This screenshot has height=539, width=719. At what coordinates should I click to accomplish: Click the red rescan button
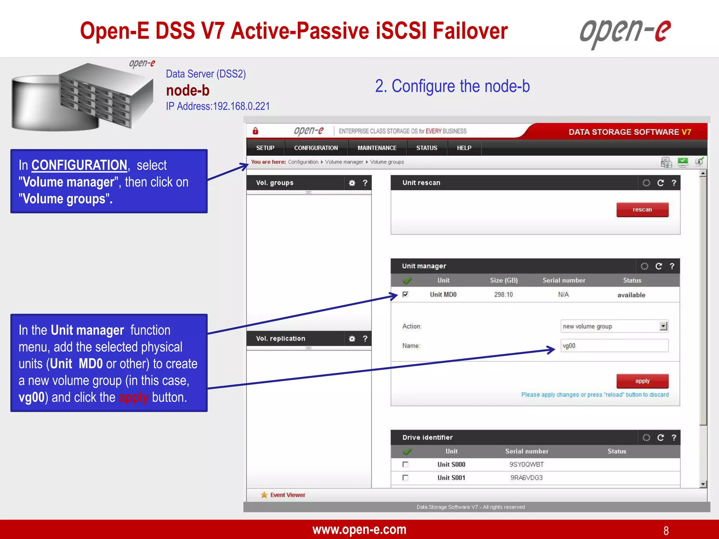click(x=642, y=209)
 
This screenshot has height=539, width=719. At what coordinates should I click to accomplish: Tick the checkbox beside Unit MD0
click(x=405, y=294)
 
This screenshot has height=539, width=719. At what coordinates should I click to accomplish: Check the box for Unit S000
click(x=405, y=464)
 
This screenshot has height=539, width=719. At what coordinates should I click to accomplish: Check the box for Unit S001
click(x=405, y=478)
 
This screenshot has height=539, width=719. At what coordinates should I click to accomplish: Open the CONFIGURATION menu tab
click(x=316, y=148)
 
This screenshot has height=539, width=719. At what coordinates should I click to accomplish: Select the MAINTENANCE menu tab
click(x=377, y=148)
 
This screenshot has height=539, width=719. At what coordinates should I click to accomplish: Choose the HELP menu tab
click(x=464, y=148)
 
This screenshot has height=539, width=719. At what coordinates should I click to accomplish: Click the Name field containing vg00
click(x=614, y=346)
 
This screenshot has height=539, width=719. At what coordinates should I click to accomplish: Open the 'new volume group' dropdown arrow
click(x=663, y=326)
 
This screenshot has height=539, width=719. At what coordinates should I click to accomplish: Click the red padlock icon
click(x=256, y=131)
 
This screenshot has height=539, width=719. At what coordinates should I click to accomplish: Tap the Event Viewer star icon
click(x=264, y=495)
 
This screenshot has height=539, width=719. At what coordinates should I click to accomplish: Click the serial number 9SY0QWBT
click(x=526, y=464)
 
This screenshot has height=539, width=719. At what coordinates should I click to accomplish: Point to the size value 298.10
click(x=503, y=294)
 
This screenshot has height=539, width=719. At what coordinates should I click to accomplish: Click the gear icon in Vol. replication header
click(x=352, y=339)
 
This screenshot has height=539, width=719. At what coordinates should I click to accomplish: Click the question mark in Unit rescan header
click(x=674, y=183)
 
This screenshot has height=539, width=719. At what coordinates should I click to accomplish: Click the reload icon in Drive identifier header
click(x=660, y=438)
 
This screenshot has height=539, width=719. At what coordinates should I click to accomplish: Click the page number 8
click(x=666, y=530)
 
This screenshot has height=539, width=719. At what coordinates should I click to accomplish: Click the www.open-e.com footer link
click(x=359, y=530)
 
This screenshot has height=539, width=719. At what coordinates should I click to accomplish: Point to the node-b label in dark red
click(x=187, y=91)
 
